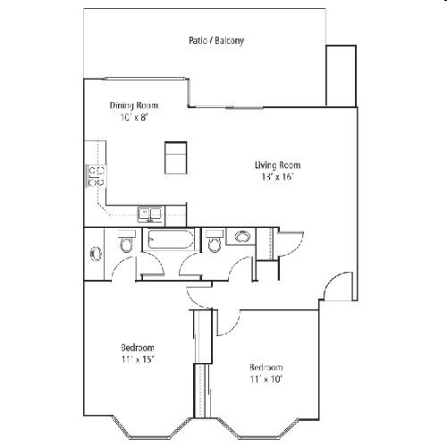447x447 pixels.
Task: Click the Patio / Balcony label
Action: [216, 41]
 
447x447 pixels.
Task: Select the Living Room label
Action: [276, 164]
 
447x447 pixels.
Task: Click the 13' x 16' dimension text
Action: [276, 177]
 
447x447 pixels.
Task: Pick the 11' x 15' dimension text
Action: [138, 359]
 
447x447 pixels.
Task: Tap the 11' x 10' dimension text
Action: [266, 380]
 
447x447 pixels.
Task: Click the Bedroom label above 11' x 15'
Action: [138, 348]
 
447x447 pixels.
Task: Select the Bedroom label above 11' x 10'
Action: [266, 367]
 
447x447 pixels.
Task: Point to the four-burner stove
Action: [96, 174]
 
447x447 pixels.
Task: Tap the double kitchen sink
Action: [149, 214]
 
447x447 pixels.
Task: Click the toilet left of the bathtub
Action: [126, 243]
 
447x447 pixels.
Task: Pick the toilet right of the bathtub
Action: [214, 242]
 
